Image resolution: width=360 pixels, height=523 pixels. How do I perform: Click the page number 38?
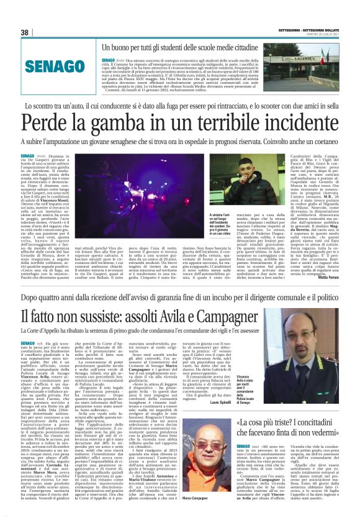pyautogui.click(x=24, y=32)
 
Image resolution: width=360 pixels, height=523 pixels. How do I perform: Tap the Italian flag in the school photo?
pyautogui.click(x=325, y=58)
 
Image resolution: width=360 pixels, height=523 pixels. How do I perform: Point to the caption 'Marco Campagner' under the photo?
pyautogui.click(x=199, y=499)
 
